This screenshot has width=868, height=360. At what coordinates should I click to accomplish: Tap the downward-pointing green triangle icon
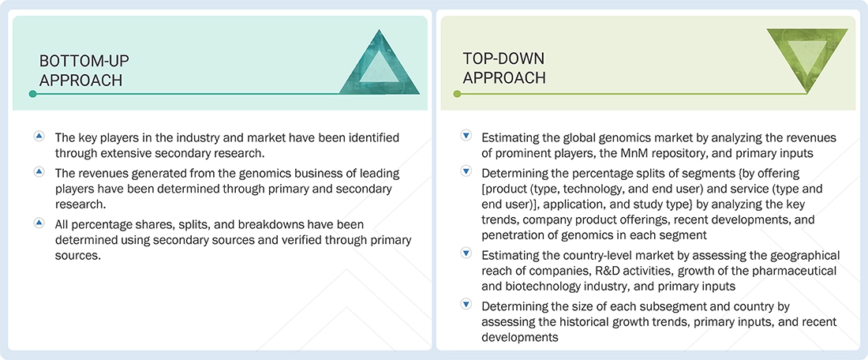pyautogui.click(x=808, y=61)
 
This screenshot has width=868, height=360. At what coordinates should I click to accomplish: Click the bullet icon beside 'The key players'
pyautogui.click(x=39, y=137)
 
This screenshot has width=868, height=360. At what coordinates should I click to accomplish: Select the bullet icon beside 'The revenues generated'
pyautogui.click(x=39, y=173)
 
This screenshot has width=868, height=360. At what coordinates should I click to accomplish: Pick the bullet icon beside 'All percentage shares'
pyautogui.click(x=39, y=223)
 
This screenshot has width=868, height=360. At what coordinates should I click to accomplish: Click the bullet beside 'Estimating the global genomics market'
pyautogui.click(x=466, y=137)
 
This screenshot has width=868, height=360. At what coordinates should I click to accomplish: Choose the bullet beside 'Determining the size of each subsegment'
pyautogui.click(x=466, y=304)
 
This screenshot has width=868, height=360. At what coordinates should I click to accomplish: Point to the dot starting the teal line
pyautogui.click(x=32, y=94)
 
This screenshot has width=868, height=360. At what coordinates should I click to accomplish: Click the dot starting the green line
pyautogui.click(x=455, y=94)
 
